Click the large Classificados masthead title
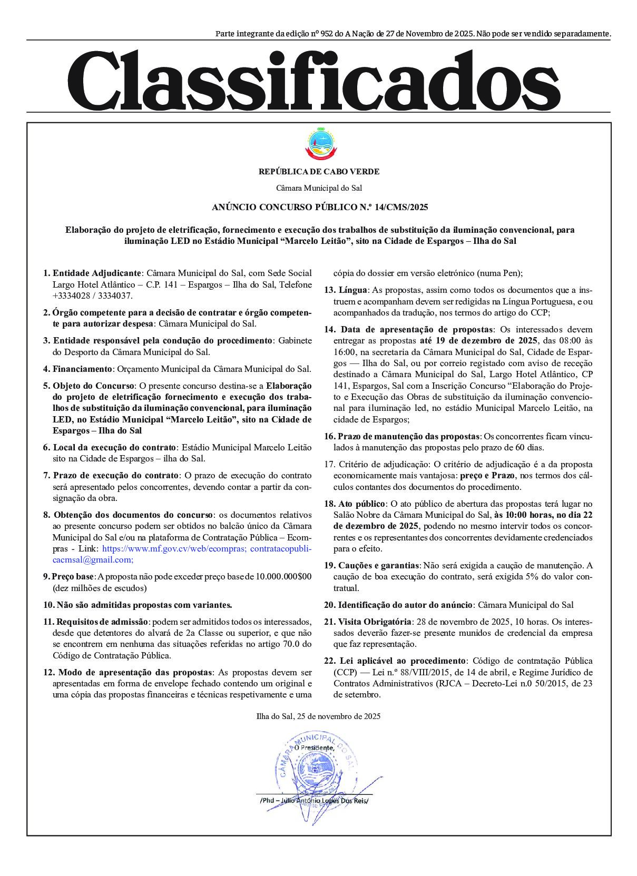[x=313, y=80]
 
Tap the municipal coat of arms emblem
[x=319, y=144]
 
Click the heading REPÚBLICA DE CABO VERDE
[x=319, y=172]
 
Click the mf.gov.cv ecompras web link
[x=174, y=548]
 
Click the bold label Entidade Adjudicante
[x=96, y=273]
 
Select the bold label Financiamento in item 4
[x=82, y=369]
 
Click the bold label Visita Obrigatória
[x=375, y=622]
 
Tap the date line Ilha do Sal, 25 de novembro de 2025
[x=318, y=716]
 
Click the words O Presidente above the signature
[x=314, y=748]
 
